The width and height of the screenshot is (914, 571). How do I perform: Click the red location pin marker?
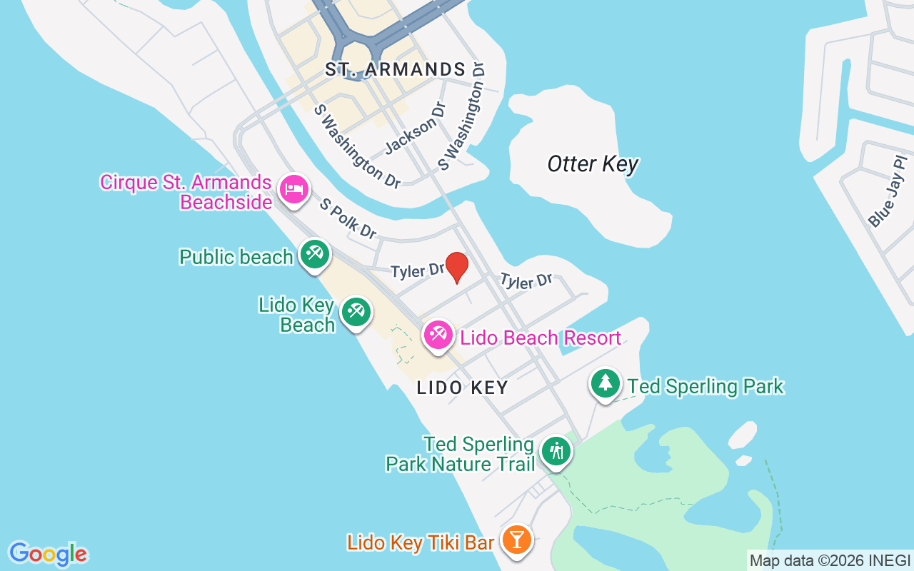pos(456,266)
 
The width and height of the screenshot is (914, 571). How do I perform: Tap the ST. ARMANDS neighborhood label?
pos(395,69)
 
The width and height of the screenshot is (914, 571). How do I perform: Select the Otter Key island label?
pos(593,164)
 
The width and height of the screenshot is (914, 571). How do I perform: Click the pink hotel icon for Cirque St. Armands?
pos(294,189)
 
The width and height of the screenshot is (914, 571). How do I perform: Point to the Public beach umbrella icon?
pos(314,253)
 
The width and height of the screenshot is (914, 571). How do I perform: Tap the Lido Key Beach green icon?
pos(355,311)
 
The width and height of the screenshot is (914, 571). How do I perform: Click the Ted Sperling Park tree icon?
pos(606,383)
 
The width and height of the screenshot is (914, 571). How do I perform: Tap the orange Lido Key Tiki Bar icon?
pos(516,539)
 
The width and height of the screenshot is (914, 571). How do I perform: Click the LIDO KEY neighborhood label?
pos(463,388)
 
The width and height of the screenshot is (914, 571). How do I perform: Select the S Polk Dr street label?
pos(348,218)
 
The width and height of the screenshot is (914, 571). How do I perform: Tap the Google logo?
pos(48,554)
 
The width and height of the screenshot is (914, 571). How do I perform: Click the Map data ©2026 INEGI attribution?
pos(829,560)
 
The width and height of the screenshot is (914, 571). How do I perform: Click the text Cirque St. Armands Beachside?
pos(186,192)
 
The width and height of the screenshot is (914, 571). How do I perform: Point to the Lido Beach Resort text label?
pos(541,338)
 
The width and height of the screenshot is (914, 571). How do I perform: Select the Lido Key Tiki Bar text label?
pos(421,543)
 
